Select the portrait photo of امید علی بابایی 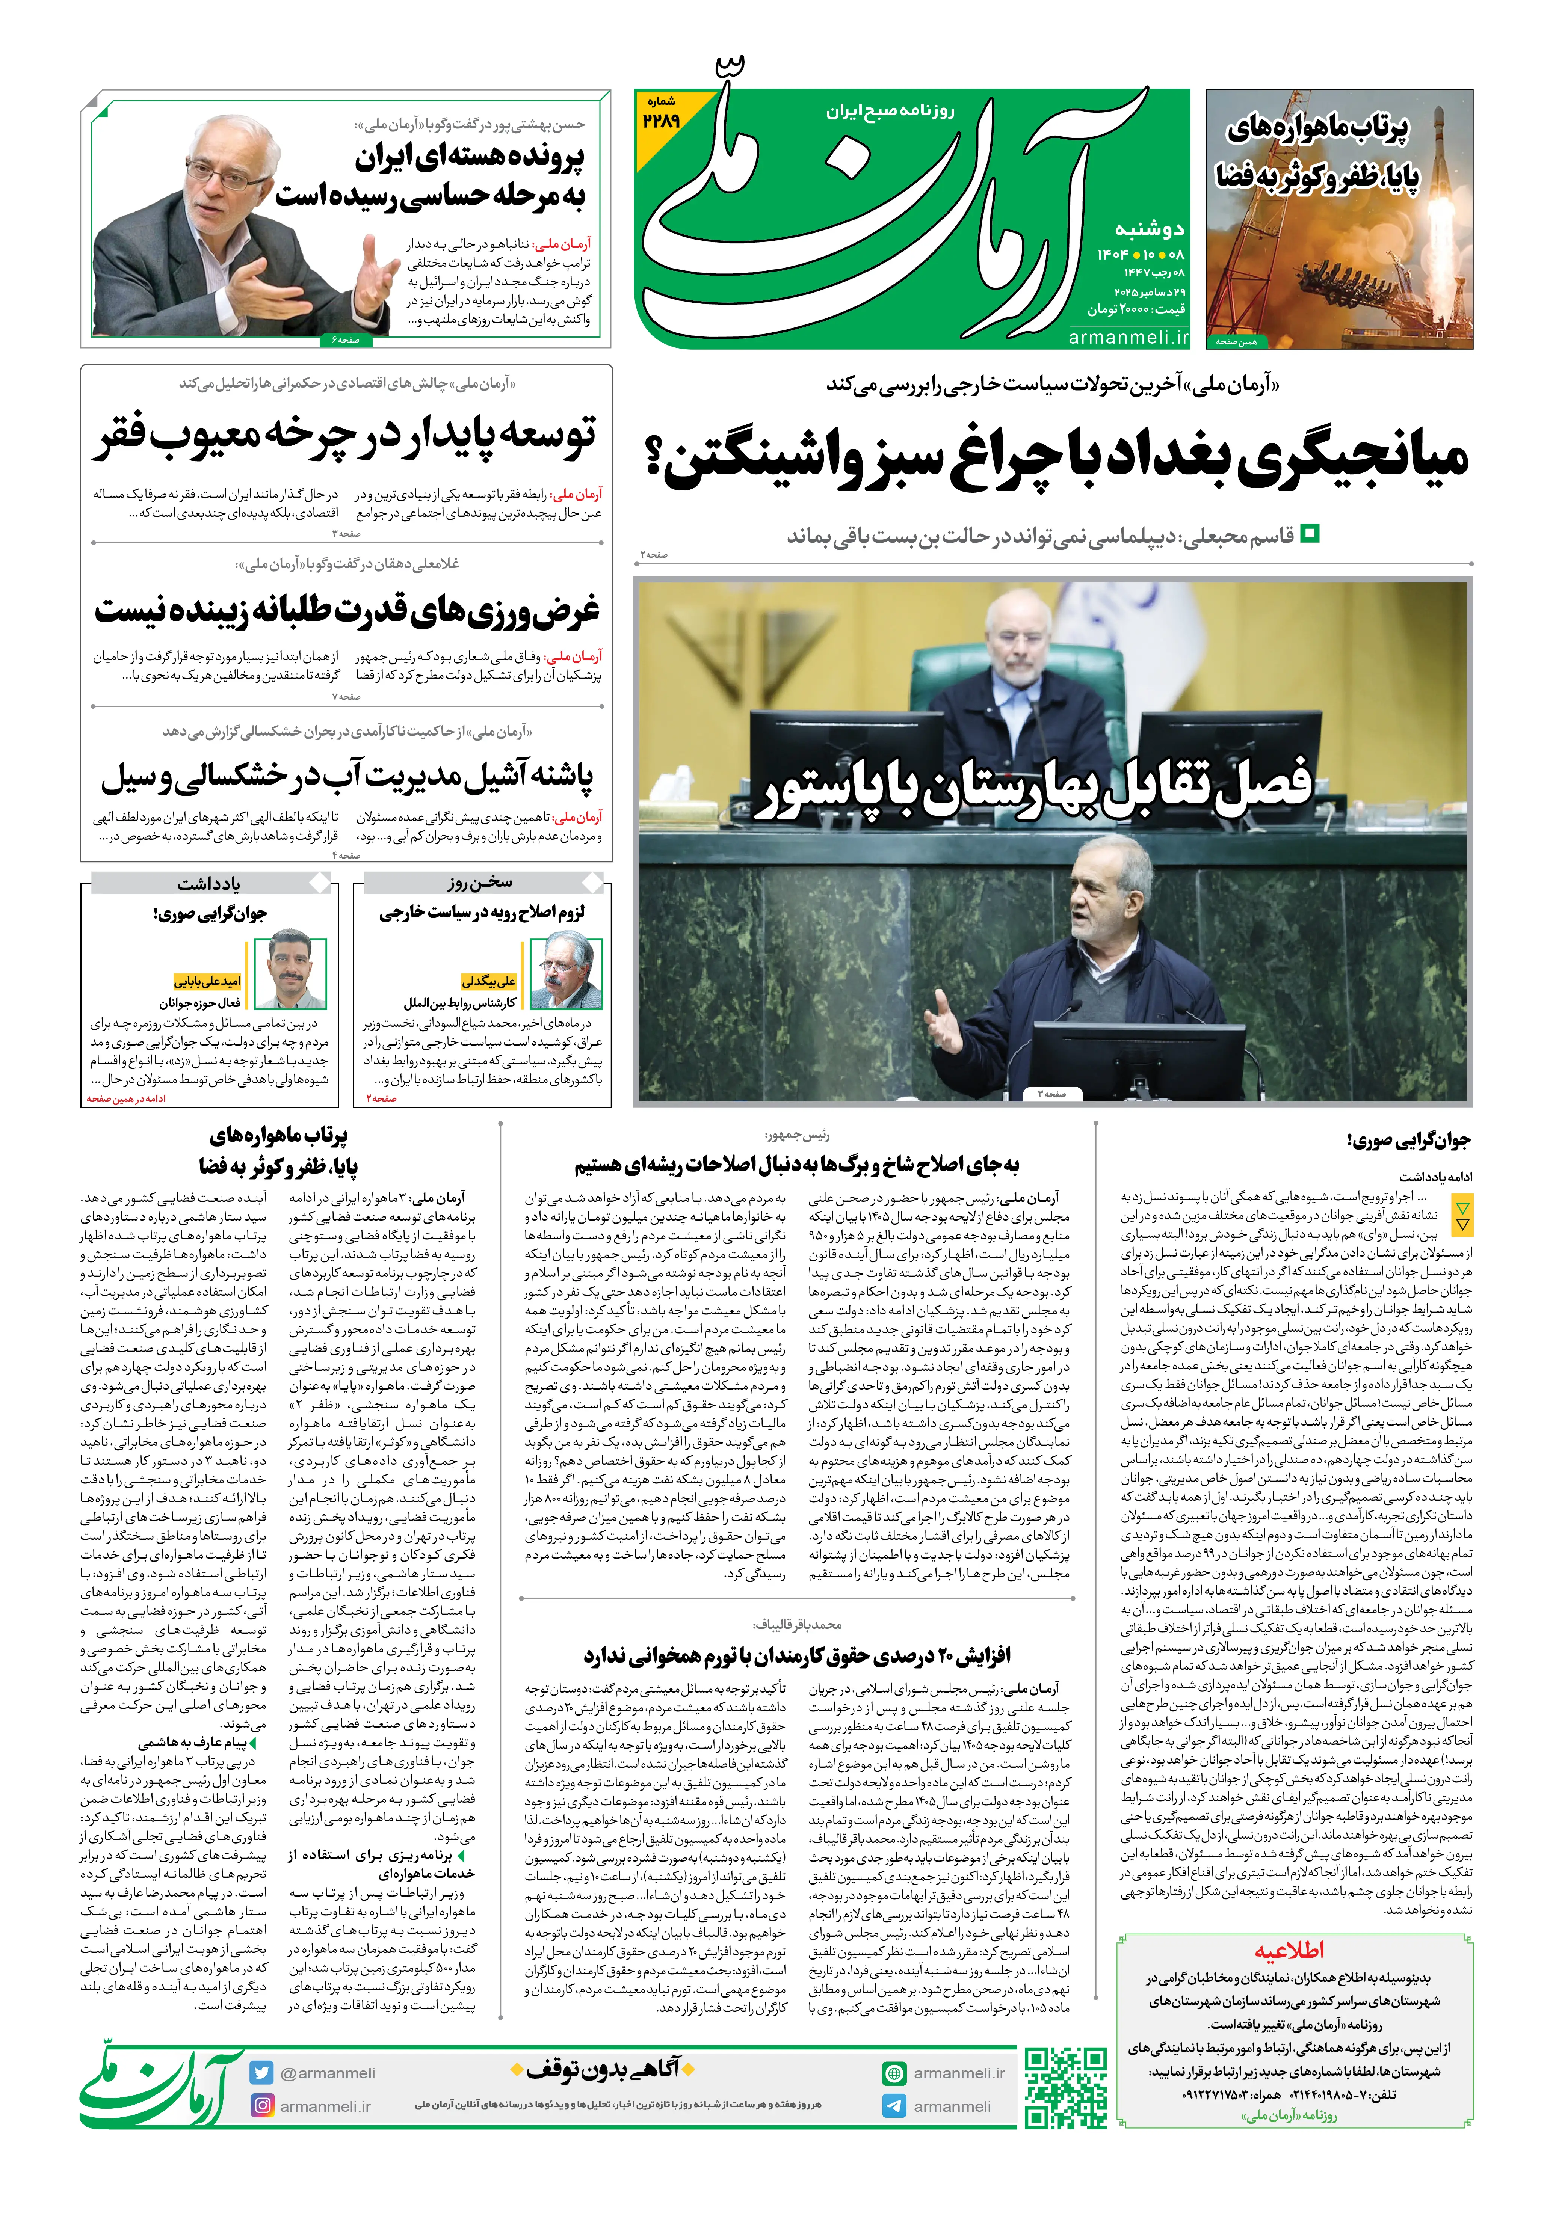point(296,972)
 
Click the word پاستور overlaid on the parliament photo point(819,789)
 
